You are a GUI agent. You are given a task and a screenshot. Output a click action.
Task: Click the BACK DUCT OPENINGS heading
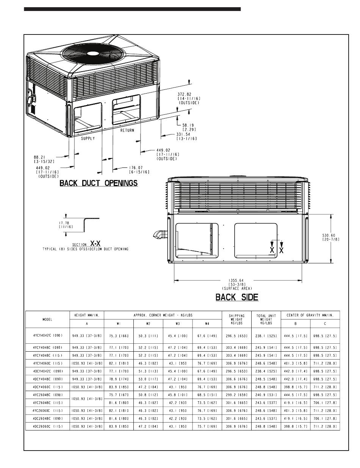coord(99,183)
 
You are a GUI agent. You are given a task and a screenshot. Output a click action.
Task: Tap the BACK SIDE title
coord(237,297)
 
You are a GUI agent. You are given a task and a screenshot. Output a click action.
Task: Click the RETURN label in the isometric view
coord(127,130)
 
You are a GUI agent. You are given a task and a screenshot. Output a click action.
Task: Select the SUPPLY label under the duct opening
coord(88,138)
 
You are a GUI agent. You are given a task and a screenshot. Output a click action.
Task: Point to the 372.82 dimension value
coord(184,94)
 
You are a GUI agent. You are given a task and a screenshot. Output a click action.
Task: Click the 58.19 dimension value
coord(188,125)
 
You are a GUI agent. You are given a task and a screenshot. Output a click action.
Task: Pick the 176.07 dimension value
coord(136,167)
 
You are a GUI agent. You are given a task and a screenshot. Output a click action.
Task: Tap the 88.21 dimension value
coord(39,157)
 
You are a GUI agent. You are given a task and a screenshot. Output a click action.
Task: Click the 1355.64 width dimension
coord(236,280)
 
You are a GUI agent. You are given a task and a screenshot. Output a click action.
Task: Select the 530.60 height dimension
coord(329,235)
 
